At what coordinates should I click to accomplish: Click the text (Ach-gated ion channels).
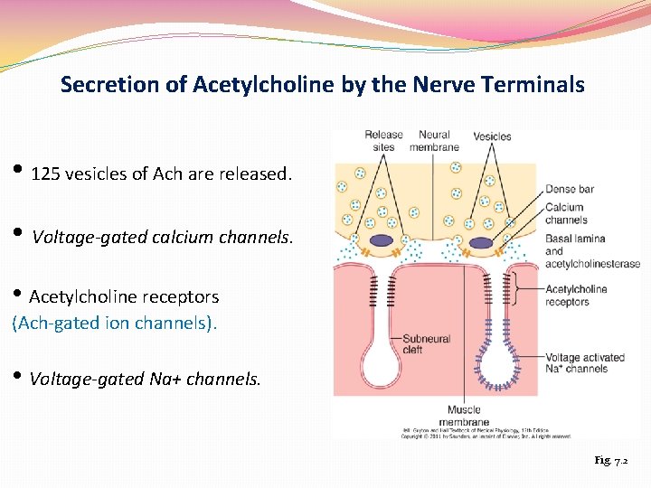click(x=115, y=321)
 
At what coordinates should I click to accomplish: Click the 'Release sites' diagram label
click(x=383, y=141)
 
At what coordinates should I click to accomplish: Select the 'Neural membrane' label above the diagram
click(x=434, y=141)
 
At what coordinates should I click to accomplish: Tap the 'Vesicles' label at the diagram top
click(x=492, y=136)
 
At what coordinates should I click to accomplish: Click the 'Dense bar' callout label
click(x=570, y=189)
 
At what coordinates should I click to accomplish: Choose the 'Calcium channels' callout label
click(x=566, y=213)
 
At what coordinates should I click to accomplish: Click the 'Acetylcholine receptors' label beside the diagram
click(x=577, y=296)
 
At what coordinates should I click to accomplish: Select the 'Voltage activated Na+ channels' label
click(x=584, y=362)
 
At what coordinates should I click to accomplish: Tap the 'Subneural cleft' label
click(x=426, y=343)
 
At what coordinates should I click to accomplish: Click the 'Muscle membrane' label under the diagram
click(x=464, y=417)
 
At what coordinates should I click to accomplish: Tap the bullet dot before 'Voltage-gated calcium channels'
click(x=19, y=235)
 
